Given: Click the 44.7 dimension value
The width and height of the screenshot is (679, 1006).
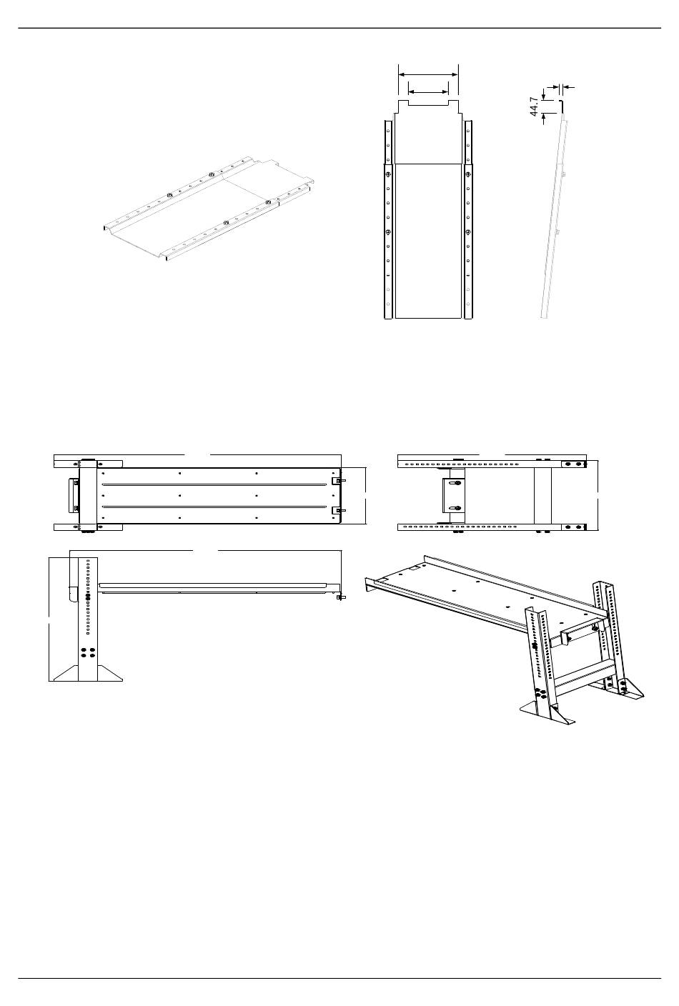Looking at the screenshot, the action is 534,108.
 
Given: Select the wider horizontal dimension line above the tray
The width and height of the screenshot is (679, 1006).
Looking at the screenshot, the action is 428,74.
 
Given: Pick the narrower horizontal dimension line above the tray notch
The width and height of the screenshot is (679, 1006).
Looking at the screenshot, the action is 428,91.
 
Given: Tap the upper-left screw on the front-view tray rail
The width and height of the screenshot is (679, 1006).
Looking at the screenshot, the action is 387,176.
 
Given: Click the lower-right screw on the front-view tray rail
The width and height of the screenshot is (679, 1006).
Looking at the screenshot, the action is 469,232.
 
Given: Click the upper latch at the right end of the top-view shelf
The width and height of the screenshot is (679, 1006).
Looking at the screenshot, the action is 339,481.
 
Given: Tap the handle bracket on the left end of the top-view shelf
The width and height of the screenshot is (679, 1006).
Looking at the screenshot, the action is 74,495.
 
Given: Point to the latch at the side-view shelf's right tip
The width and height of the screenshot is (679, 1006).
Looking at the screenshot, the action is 341,597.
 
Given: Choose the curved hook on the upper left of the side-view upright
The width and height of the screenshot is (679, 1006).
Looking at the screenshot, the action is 71,594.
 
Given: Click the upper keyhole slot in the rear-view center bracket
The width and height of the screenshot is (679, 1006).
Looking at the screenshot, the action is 452,484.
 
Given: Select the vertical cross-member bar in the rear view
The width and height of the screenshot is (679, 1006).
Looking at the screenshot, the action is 542,497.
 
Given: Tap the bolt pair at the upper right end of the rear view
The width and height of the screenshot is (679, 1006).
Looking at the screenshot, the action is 573,464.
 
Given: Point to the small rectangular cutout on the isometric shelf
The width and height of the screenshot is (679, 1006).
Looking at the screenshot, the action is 414,570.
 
